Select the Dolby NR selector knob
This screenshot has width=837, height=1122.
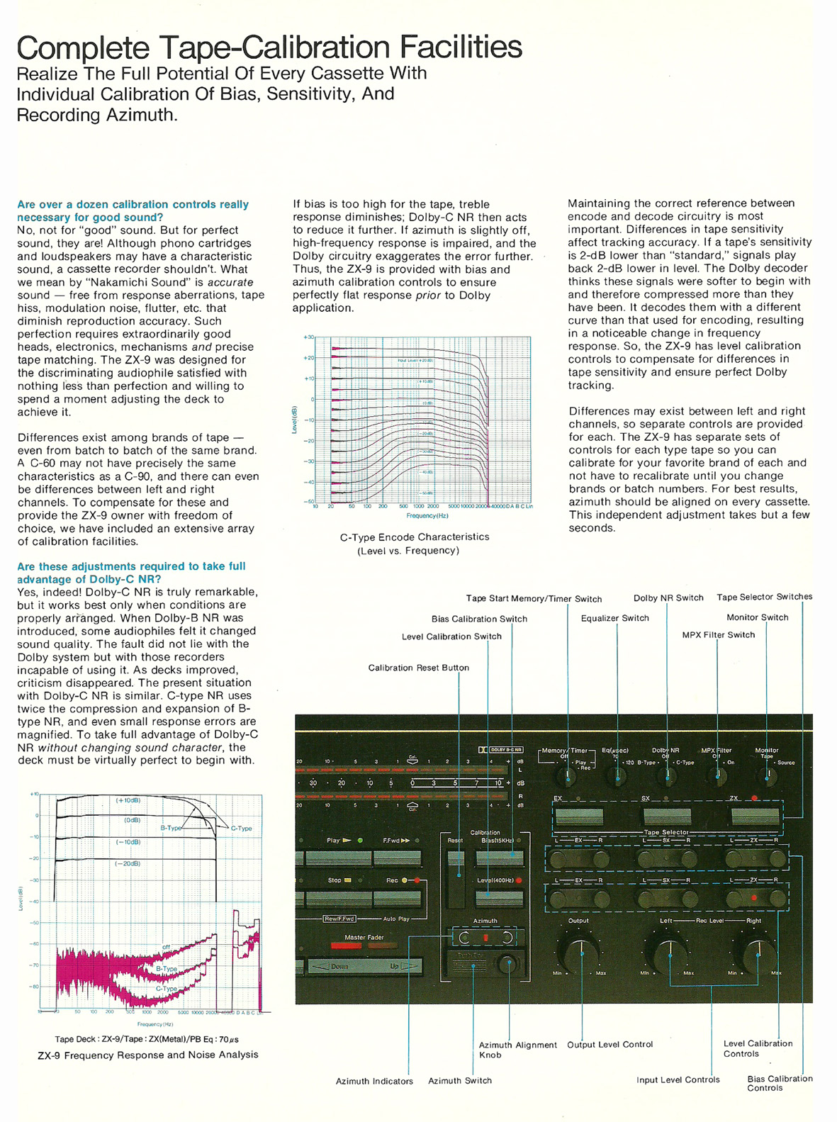667,776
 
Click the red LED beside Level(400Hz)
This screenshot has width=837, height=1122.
519,880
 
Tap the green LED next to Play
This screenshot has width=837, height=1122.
360,841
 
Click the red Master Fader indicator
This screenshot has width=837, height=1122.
347,946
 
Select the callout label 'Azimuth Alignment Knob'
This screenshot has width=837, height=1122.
517,1050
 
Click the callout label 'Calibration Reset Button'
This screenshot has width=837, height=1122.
418,668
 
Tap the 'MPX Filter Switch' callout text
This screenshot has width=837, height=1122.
718,635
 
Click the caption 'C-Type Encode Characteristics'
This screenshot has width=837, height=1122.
415,537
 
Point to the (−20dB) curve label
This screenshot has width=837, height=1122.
128,864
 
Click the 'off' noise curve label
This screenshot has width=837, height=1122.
167,947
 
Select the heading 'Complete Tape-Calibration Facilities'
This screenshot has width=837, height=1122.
269,47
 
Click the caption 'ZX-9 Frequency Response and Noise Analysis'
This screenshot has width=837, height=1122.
148,1055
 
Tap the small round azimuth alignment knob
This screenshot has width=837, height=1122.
507,963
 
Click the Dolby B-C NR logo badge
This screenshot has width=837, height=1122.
501,749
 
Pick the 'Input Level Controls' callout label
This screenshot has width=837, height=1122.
678,1080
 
